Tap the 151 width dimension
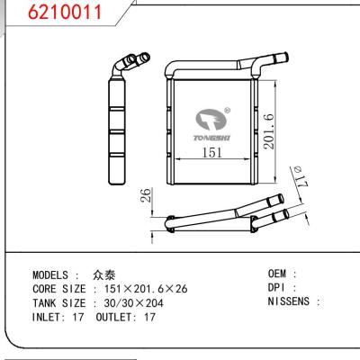(x=210, y=153)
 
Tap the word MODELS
(x=53, y=274)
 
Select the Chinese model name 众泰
(x=103, y=274)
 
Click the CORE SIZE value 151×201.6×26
(x=144, y=288)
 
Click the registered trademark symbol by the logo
(x=227, y=112)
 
